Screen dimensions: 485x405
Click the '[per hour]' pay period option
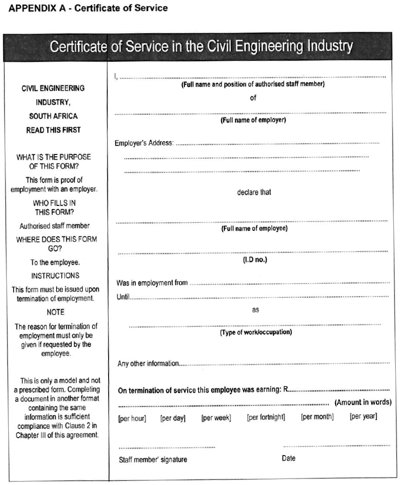132,419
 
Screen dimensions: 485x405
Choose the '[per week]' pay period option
216,418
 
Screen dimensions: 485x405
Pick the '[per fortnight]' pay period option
266,418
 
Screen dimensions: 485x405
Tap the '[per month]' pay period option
317,417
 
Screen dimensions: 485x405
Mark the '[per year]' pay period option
363,417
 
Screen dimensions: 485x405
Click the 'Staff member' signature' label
153,460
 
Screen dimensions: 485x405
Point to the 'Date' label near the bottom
288,458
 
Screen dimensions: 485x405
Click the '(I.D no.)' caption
255,260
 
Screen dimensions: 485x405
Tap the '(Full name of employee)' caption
254,228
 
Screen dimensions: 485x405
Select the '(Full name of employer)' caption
253,120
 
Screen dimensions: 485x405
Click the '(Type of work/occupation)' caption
256,333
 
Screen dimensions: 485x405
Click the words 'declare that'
254,192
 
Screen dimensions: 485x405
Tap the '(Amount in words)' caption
363,403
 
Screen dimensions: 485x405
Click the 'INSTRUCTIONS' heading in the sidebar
55,275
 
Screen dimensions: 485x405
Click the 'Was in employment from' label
152,283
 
